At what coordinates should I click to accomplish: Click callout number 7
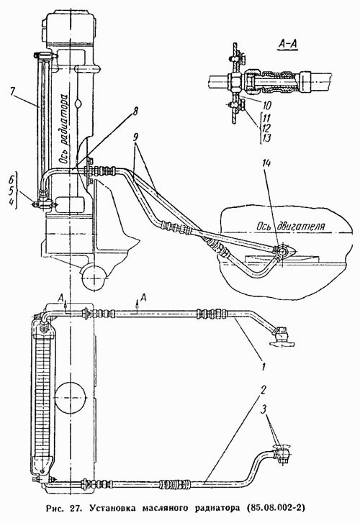(14, 91)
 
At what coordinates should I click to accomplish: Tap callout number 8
(135, 111)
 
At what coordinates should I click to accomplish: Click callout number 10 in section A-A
(266, 106)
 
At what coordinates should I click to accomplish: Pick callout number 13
(266, 137)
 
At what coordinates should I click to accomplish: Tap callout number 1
(264, 367)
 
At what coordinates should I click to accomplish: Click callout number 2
(264, 389)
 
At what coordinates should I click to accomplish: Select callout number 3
(264, 409)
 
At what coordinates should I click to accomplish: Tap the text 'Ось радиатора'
(65, 129)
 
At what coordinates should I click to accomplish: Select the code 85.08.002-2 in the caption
(274, 509)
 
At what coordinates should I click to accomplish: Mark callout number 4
(11, 202)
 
